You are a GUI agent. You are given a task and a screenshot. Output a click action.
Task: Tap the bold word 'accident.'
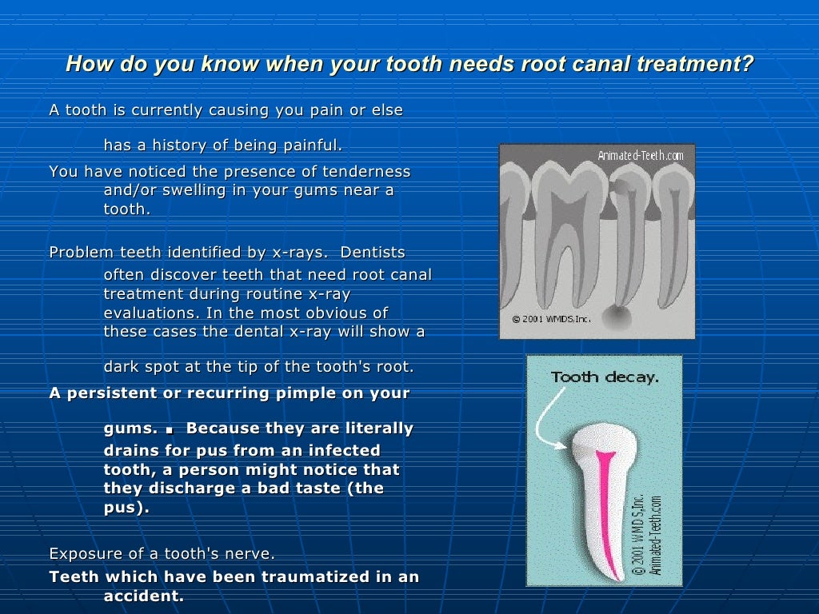click(144, 596)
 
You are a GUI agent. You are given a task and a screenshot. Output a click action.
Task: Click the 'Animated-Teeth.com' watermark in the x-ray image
click(640, 155)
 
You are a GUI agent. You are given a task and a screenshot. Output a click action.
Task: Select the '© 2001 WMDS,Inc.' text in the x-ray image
click(546, 318)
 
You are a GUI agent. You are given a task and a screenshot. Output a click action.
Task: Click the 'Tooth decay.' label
click(605, 377)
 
